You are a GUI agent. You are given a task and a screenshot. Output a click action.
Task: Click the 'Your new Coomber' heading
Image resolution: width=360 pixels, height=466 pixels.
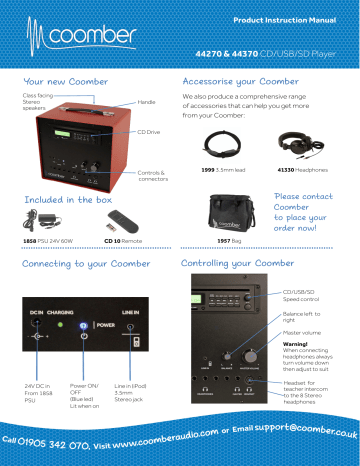tap(67, 80)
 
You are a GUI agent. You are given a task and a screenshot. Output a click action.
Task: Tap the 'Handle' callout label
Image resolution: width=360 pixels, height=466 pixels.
tap(146, 102)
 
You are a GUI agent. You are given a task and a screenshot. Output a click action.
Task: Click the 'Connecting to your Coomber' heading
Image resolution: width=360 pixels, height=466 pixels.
tap(84, 264)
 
